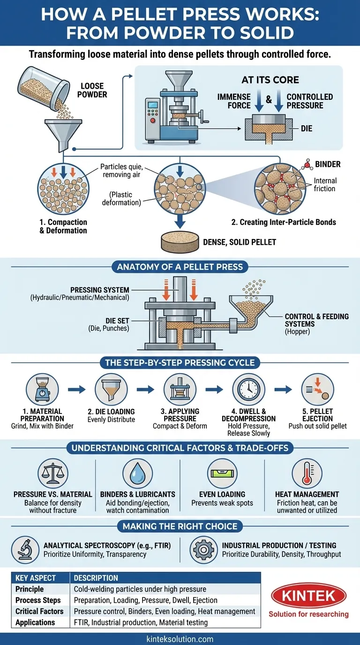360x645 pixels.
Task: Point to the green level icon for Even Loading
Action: [222, 474]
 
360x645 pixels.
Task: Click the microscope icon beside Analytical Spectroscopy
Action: [24, 549]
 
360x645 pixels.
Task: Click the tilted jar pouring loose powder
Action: [40, 89]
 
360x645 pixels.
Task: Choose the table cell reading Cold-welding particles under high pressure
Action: [140, 589]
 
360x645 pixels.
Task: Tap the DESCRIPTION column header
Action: [96, 578]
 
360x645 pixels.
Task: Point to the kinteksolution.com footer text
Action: [180, 638]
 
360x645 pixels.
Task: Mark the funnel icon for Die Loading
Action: [111, 389]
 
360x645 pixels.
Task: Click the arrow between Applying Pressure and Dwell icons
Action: [214, 389]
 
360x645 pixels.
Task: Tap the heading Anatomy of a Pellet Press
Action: [180, 267]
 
